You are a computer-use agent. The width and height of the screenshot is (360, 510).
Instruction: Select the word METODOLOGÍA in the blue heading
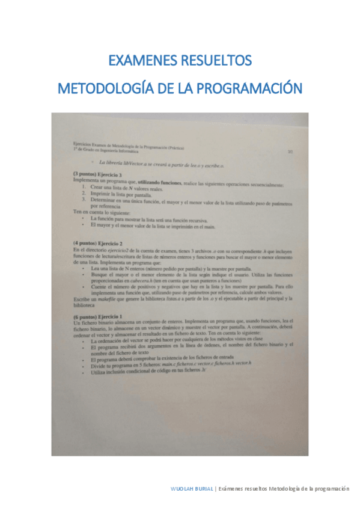tap(106, 88)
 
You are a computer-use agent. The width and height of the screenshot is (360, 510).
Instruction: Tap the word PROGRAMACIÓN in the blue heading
tap(249, 88)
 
